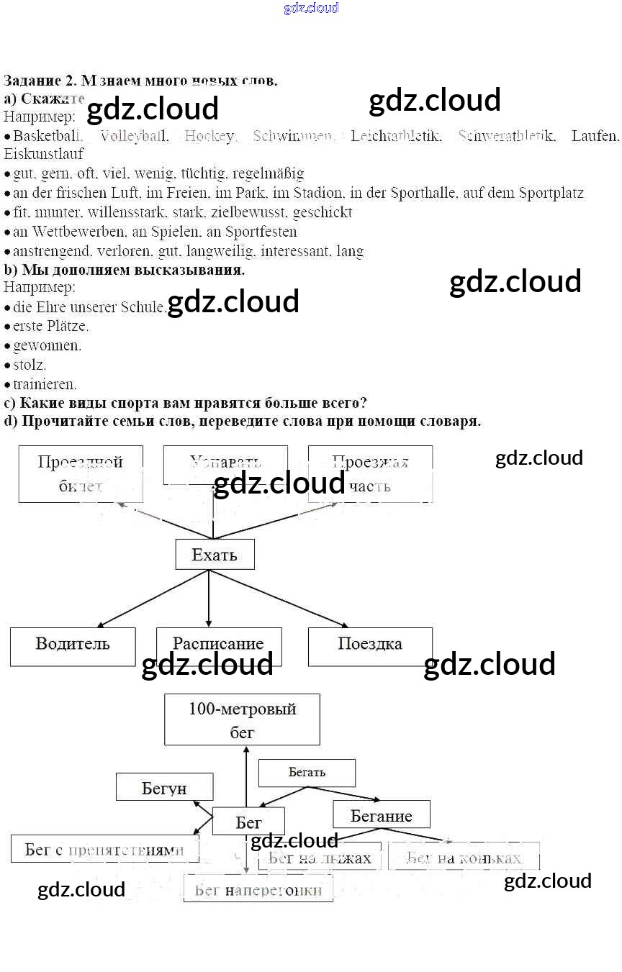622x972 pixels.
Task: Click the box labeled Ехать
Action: tap(215, 555)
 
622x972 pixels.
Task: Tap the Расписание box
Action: tap(218, 645)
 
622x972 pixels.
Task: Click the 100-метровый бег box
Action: tap(242, 719)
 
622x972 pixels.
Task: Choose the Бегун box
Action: tap(164, 787)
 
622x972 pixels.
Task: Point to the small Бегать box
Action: tap(307, 773)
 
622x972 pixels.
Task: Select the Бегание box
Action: tap(381, 814)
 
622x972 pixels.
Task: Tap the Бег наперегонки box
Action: tap(258, 889)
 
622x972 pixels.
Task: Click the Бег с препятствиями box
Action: tap(104, 849)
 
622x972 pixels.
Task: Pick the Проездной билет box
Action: tap(80, 473)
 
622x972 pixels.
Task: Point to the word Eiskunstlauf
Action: tap(43, 154)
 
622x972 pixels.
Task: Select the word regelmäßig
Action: tap(268, 173)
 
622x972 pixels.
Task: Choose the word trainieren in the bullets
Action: tap(45, 384)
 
